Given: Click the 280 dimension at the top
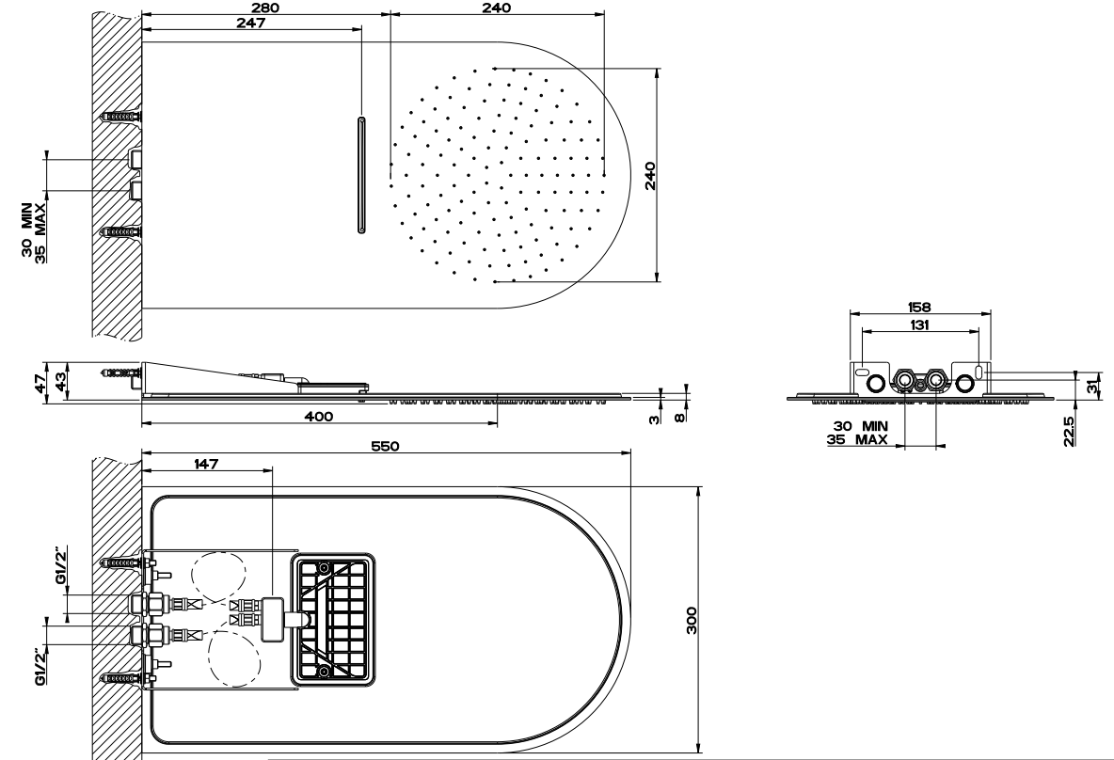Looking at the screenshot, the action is pyautogui.click(x=265, y=8).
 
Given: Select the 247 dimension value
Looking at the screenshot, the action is pyautogui.click(x=251, y=23).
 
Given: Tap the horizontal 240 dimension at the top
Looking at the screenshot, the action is pyautogui.click(x=497, y=8).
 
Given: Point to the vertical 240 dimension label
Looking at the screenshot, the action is pyautogui.click(x=650, y=176).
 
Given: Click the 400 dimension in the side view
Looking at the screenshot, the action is pyautogui.click(x=318, y=417).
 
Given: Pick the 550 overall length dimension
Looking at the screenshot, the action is pyautogui.click(x=385, y=446).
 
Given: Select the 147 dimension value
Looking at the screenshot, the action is pyautogui.click(x=206, y=464).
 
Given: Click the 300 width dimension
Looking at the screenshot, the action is pyautogui.click(x=692, y=620).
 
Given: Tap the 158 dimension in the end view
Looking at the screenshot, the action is pyautogui.click(x=919, y=308).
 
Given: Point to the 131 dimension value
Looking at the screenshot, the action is pyautogui.click(x=919, y=325).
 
